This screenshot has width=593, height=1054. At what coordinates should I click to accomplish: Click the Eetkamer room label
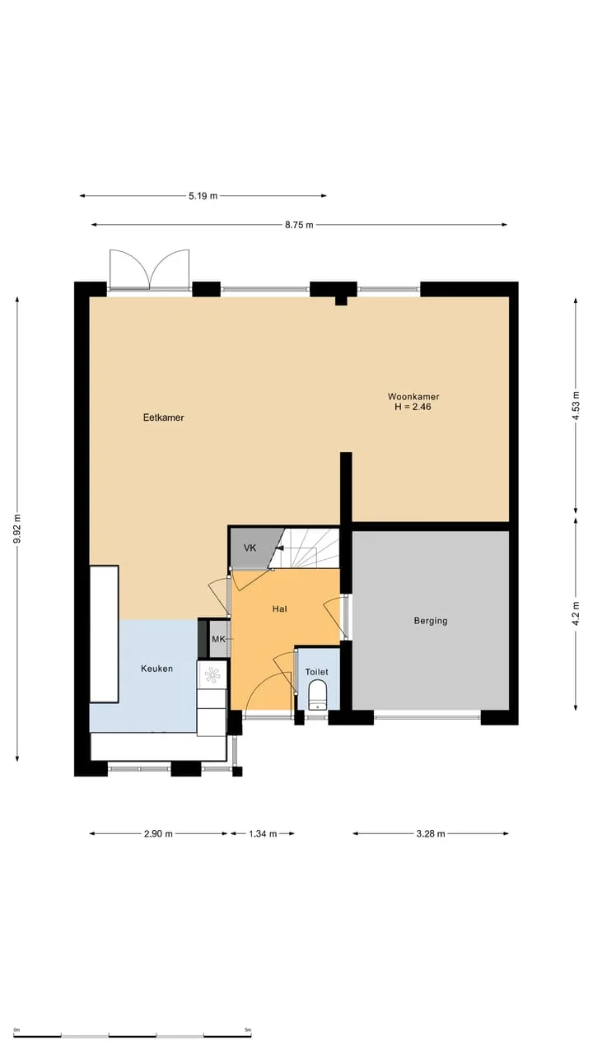pyautogui.click(x=163, y=417)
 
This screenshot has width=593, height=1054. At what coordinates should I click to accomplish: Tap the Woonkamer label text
pyautogui.click(x=413, y=397)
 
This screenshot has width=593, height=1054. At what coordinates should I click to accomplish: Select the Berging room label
pyautogui.click(x=431, y=621)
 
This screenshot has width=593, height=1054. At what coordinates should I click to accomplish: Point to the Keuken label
pyautogui.click(x=156, y=669)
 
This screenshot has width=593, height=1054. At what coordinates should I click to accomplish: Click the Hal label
pyautogui.click(x=279, y=609)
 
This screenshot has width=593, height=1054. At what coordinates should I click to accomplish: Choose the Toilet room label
pyautogui.click(x=317, y=672)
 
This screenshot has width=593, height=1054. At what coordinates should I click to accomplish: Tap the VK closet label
pyautogui.click(x=250, y=548)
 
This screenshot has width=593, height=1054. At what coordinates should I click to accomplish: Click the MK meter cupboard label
pyautogui.click(x=218, y=639)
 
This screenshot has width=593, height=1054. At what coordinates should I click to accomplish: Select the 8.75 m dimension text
pyautogui.click(x=299, y=225)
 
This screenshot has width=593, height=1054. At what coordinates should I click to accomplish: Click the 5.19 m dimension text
pyautogui.click(x=203, y=196)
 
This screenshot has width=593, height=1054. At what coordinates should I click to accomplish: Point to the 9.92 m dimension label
pyautogui.click(x=17, y=529)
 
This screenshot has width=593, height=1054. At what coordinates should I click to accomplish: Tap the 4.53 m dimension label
pyautogui.click(x=576, y=406)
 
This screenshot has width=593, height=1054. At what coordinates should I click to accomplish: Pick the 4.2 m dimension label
pyautogui.click(x=576, y=613)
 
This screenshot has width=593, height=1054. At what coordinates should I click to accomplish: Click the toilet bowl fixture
pyautogui.click(x=318, y=697)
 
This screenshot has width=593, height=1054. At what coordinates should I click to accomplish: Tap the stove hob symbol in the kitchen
pyautogui.click(x=212, y=675)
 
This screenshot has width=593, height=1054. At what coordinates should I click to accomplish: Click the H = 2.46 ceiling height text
pyautogui.click(x=413, y=407)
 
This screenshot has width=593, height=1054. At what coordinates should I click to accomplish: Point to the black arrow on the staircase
pyautogui.click(x=279, y=548)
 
